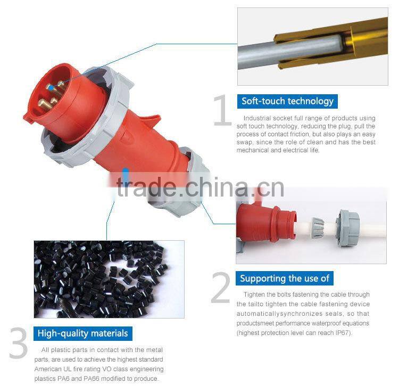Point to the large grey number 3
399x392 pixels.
[18, 344]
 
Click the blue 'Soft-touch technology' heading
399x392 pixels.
[287, 101]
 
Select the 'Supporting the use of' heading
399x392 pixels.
[285, 278]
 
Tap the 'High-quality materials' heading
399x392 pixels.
[82, 333]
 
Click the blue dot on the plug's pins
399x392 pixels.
[49, 87]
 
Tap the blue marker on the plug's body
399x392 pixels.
[126, 173]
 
